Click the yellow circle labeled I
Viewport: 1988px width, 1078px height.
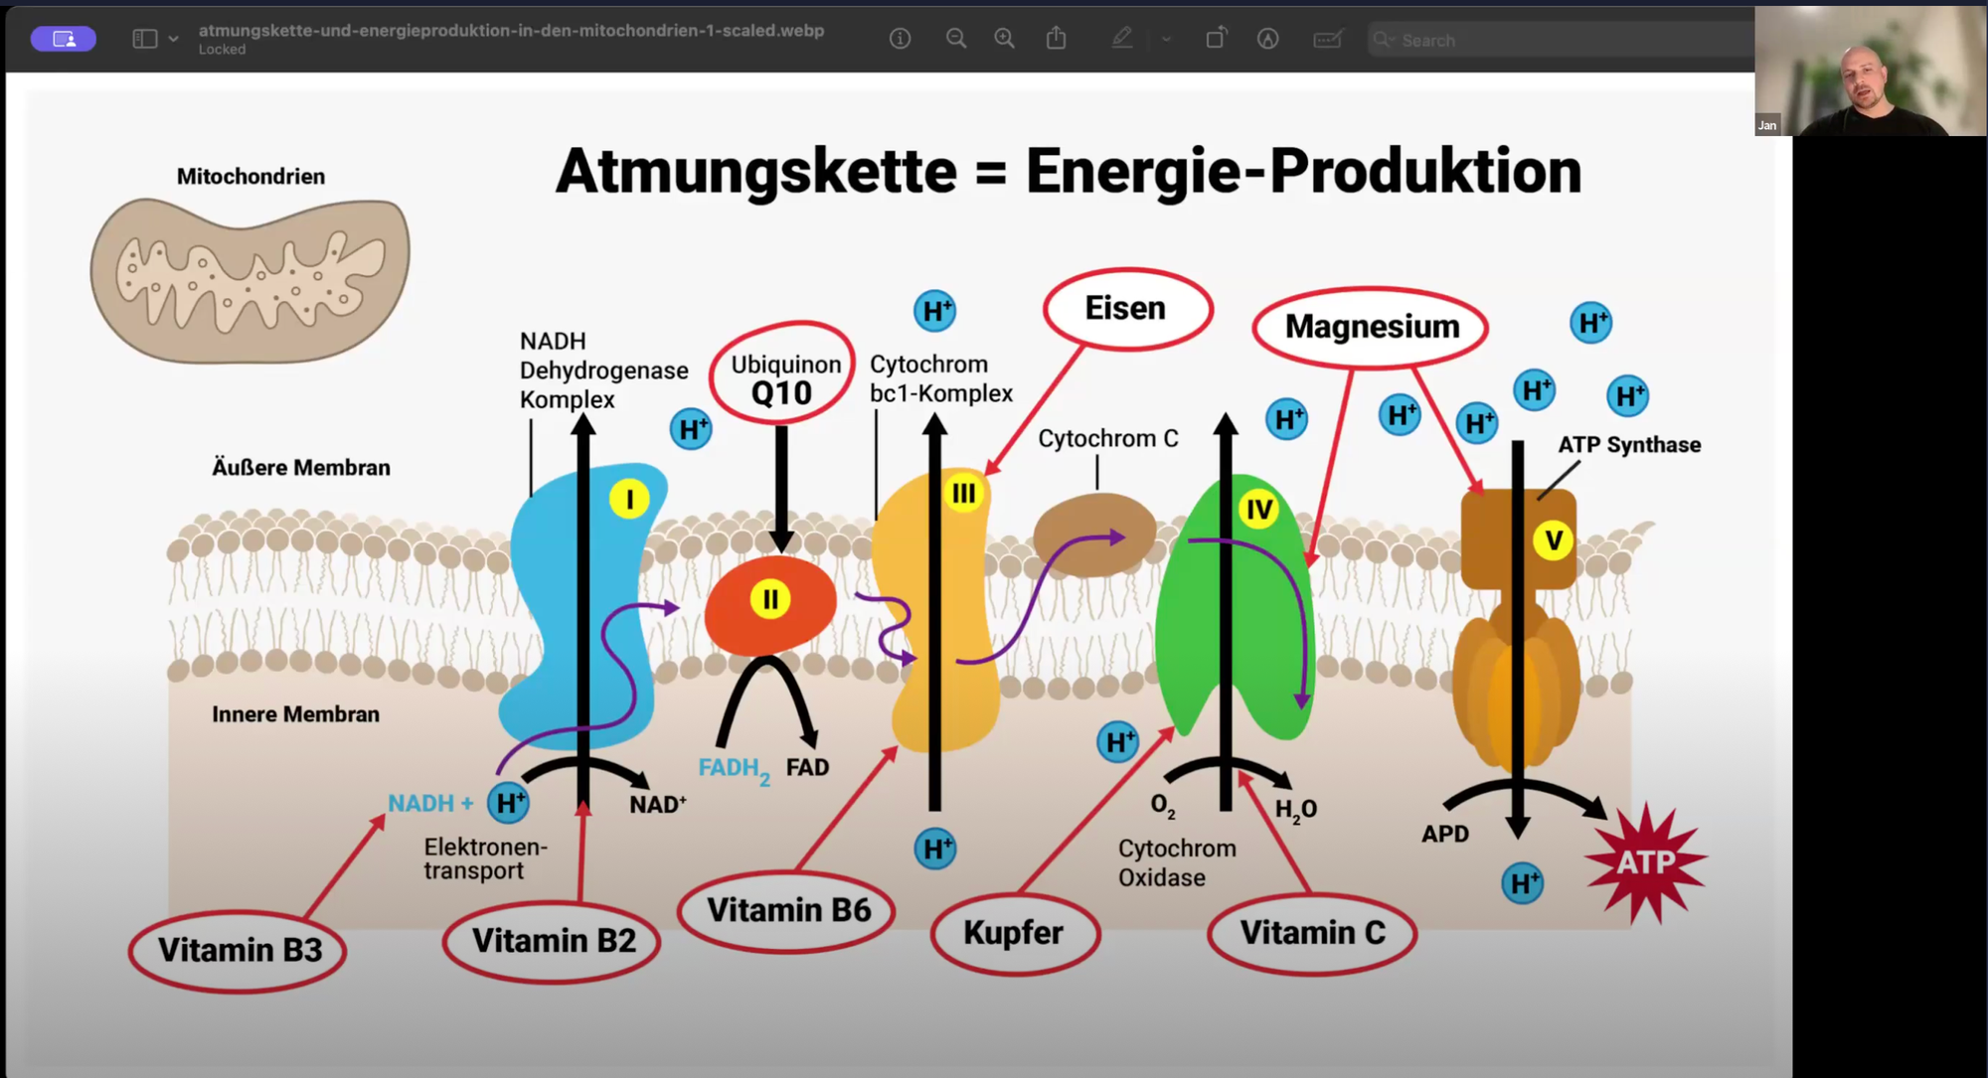pyautogui.click(x=629, y=499)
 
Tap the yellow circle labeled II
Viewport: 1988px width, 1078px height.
pyautogui.click(x=770, y=599)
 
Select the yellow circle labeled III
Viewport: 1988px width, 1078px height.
pyautogui.click(x=964, y=494)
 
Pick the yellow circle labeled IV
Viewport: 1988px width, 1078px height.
pyautogui.click(x=1259, y=510)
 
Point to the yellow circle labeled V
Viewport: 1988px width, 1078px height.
pyautogui.click(x=1553, y=541)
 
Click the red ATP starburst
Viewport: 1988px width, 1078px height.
pyautogui.click(x=1646, y=861)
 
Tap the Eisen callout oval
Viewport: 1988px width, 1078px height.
pyautogui.click(x=1126, y=309)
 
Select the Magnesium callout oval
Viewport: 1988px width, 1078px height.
pyautogui.click(x=1371, y=327)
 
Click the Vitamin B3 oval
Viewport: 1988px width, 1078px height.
pyautogui.click(x=239, y=951)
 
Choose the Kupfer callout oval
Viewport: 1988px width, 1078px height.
pyautogui.click(x=1014, y=933)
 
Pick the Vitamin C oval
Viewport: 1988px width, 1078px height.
pyautogui.click(x=1312, y=933)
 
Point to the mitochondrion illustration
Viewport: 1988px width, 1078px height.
pyautogui.click(x=250, y=278)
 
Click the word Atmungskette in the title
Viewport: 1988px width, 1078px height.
pyautogui.click(x=755, y=171)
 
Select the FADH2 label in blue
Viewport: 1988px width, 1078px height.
pyautogui.click(x=734, y=768)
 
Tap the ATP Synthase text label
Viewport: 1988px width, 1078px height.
pyautogui.click(x=1629, y=445)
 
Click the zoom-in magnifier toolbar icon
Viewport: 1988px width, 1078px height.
pyautogui.click(x=1004, y=39)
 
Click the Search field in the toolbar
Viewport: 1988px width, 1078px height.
pyautogui.click(x=1551, y=40)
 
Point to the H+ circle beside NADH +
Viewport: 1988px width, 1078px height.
pyautogui.click(x=508, y=803)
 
